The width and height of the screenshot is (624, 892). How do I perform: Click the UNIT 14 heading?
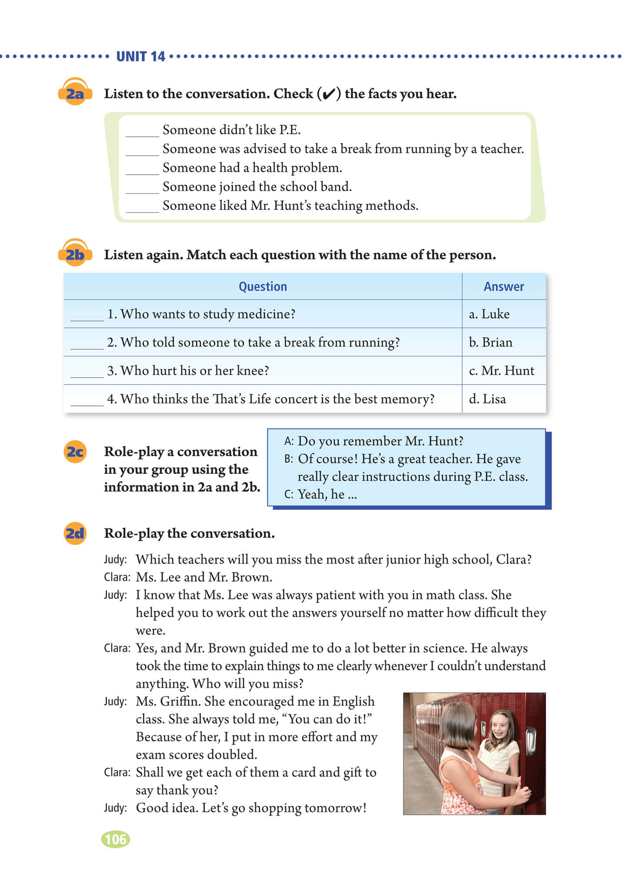click(141, 57)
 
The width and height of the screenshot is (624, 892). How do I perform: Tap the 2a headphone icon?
click(75, 92)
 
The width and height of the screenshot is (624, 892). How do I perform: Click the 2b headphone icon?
click(75, 253)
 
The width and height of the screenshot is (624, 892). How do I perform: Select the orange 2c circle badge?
click(75, 452)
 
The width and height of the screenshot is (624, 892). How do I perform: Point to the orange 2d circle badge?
click(75, 533)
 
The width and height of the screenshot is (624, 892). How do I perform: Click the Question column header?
click(262, 287)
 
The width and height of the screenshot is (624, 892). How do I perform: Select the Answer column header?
click(503, 287)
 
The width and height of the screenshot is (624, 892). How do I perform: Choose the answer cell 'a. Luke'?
click(489, 314)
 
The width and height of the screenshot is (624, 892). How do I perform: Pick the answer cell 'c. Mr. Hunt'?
click(501, 371)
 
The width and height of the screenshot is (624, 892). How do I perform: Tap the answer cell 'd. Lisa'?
click(487, 399)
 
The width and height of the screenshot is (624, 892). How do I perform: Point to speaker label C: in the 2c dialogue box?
click(289, 494)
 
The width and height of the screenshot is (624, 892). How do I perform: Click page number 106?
click(115, 839)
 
